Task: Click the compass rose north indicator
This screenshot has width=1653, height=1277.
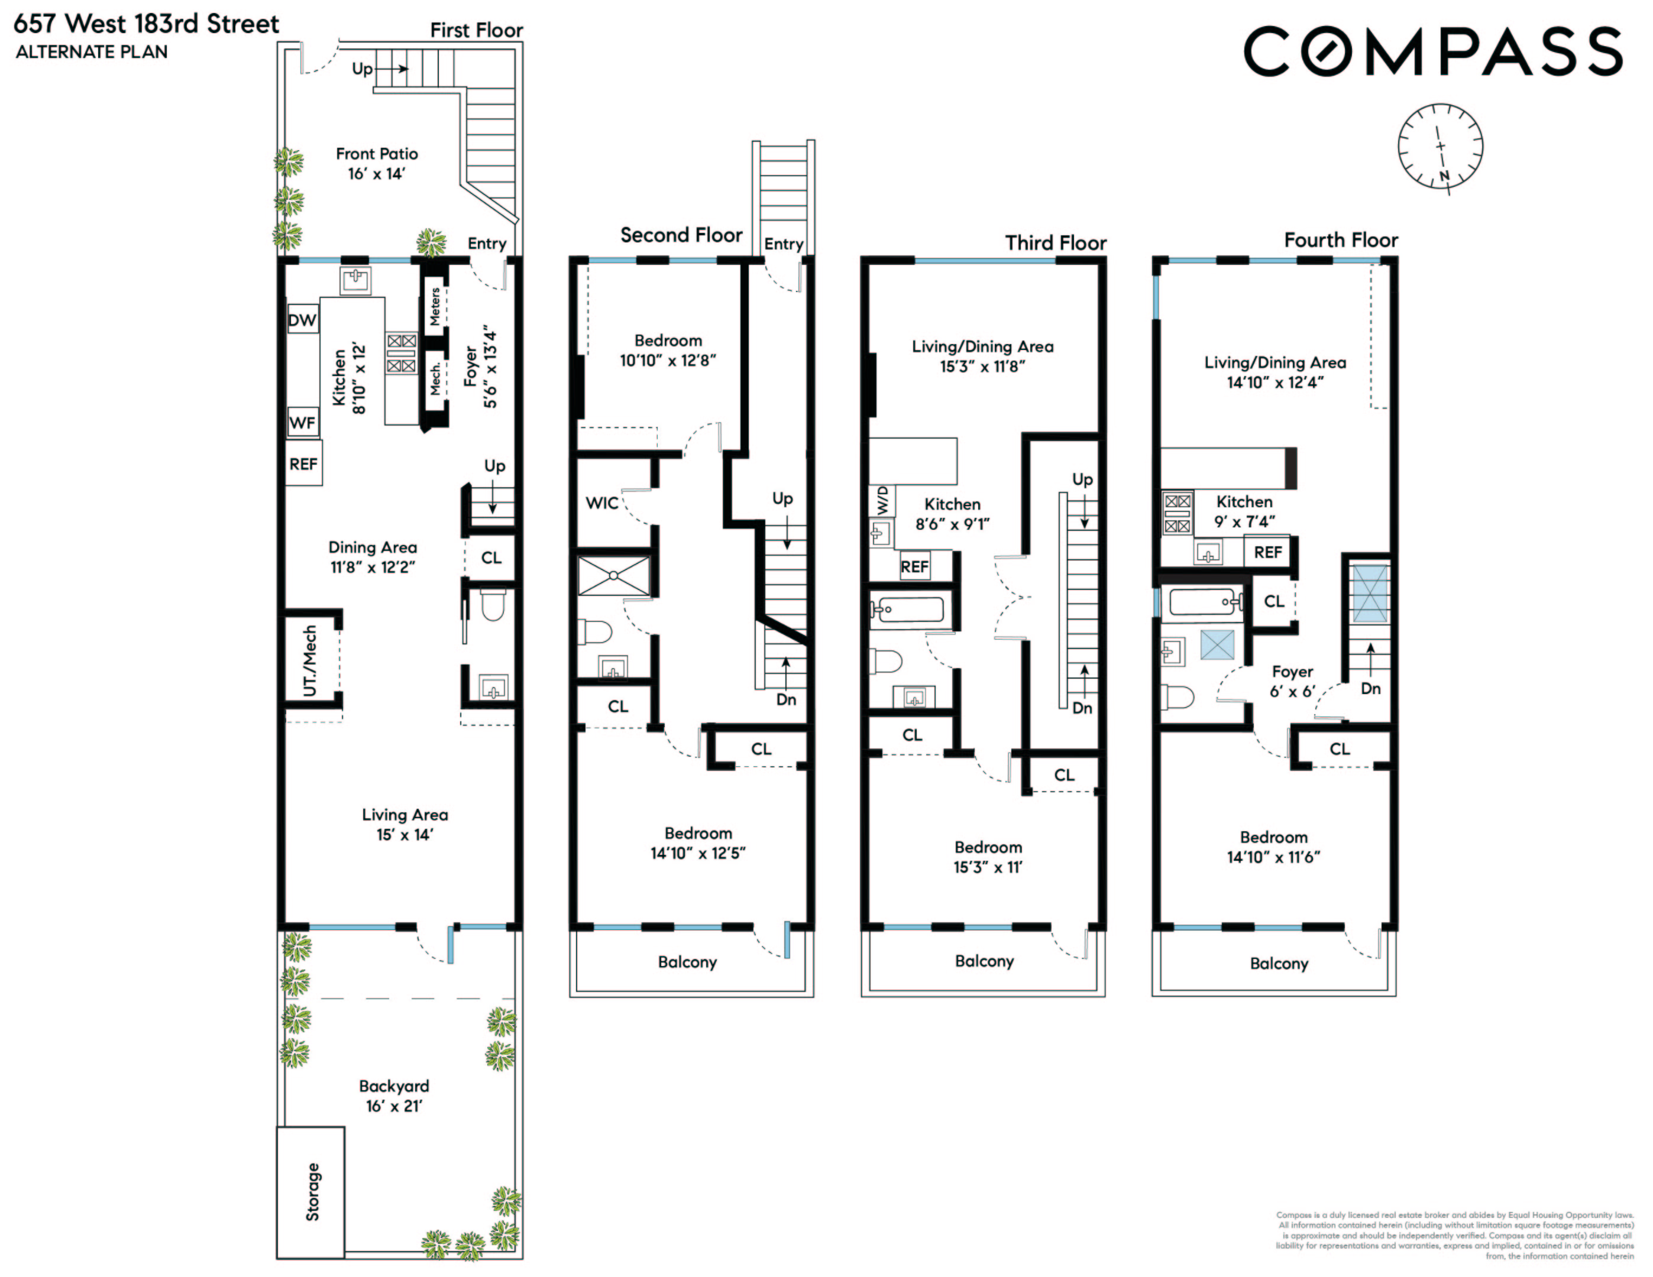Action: [x=1444, y=176]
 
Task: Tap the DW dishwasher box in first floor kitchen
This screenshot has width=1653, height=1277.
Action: [x=302, y=320]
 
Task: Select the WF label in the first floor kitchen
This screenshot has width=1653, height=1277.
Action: [x=302, y=422]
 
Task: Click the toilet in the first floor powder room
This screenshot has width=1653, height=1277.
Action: [x=493, y=604]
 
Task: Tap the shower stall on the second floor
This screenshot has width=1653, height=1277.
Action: [x=614, y=576]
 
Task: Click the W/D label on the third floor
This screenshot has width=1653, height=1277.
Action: [x=882, y=500]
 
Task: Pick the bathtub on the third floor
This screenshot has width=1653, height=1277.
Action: [x=907, y=609]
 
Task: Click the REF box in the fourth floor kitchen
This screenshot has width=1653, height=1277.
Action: [x=1268, y=552]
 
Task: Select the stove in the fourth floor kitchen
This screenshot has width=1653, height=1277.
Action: [x=1177, y=513]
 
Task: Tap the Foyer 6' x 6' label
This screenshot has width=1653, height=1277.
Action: [x=1292, y=681]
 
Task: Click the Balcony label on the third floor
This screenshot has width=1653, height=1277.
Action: [x=984, y=961]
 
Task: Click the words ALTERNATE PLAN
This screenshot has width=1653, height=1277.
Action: [x=92, y=52]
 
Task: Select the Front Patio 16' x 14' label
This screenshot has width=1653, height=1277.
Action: [x=376, y=163]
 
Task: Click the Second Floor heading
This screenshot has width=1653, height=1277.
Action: [x=681, y=235]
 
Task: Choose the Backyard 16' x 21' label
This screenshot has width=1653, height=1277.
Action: [x=393, y=1096]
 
